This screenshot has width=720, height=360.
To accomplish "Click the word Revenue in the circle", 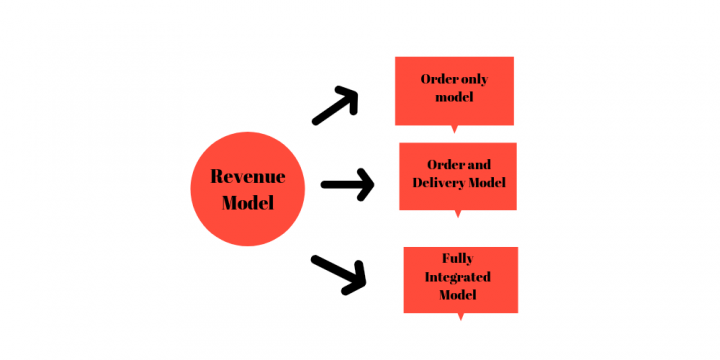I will pos(247,177).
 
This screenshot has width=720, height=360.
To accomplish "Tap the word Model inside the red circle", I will pos(247,201).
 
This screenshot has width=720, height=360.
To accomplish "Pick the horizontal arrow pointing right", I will pos(346,184).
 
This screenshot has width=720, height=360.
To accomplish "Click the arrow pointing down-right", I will pos(339,273).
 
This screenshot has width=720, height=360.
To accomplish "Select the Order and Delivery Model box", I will pos(458,176).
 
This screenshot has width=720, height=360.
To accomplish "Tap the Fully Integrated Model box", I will pos(460,279).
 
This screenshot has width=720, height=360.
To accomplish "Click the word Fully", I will pos(457,258).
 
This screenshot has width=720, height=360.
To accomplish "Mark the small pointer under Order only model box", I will pos(455,128).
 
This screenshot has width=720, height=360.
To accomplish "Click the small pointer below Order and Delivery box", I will pos(458,213).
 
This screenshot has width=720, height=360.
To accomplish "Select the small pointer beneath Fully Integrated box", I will pos(460,316).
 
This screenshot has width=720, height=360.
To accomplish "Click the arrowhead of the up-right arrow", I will pos(350,95).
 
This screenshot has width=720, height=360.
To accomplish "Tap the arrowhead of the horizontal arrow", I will pos(365,184).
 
